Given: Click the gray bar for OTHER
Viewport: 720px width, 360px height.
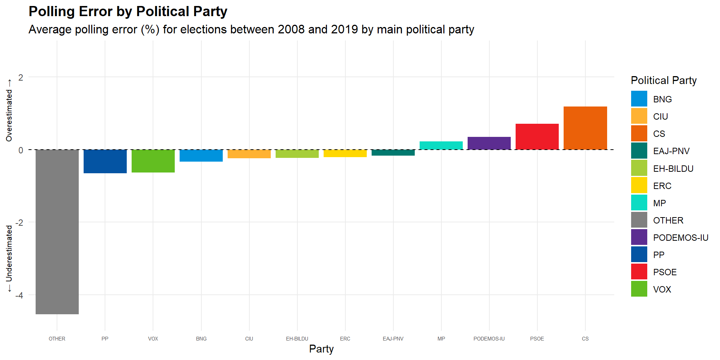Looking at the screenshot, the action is [57, 232].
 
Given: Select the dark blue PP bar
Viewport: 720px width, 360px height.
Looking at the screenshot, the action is [105, 161].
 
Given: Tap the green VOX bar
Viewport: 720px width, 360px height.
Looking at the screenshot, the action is [153, 161].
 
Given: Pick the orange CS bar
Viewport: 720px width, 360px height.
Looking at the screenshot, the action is [585, 128].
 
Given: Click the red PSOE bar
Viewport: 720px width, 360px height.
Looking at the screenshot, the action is [537, 136].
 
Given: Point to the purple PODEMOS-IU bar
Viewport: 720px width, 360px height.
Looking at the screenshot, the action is [489, 143].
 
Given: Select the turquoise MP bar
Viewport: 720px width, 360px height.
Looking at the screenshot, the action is [441, 145].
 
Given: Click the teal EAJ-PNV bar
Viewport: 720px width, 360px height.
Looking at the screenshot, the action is [393, 153].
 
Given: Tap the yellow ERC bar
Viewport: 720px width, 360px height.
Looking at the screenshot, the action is [345, 153].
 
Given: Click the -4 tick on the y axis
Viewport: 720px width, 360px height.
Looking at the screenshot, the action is [19, 295].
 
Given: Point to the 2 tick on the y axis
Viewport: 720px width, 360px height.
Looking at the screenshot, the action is [21, 78].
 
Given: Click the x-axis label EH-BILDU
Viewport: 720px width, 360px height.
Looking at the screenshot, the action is [297, 339].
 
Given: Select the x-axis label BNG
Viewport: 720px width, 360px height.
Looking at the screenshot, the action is [201, 339].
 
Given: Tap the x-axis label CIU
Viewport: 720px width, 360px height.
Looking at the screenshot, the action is [249, 339].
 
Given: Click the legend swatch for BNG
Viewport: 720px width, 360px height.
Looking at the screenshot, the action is [639, 99].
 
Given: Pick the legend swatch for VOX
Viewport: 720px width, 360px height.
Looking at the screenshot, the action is [639, 289].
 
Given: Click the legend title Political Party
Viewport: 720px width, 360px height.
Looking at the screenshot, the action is [664, 80].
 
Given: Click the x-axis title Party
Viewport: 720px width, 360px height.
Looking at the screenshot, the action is [321, 349].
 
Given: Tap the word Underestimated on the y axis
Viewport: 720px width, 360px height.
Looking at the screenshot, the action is [9, 253].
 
